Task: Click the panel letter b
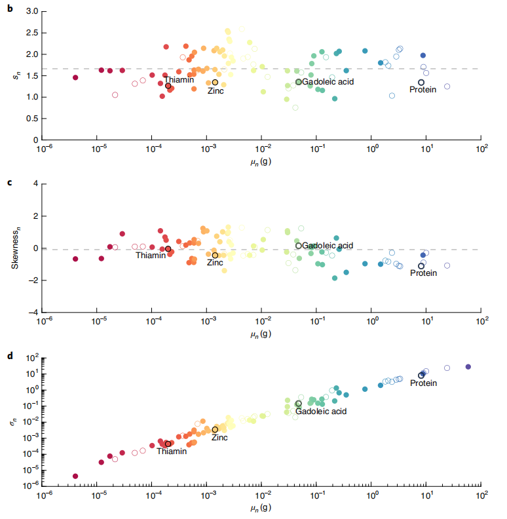10,10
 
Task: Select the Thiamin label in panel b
179,80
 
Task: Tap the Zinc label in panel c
216,263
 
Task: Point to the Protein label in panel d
423,383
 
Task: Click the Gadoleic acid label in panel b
328,82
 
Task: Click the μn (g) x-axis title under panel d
262,509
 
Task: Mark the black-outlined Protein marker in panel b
421,83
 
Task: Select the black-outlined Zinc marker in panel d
215,429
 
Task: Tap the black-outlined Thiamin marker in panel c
168,249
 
